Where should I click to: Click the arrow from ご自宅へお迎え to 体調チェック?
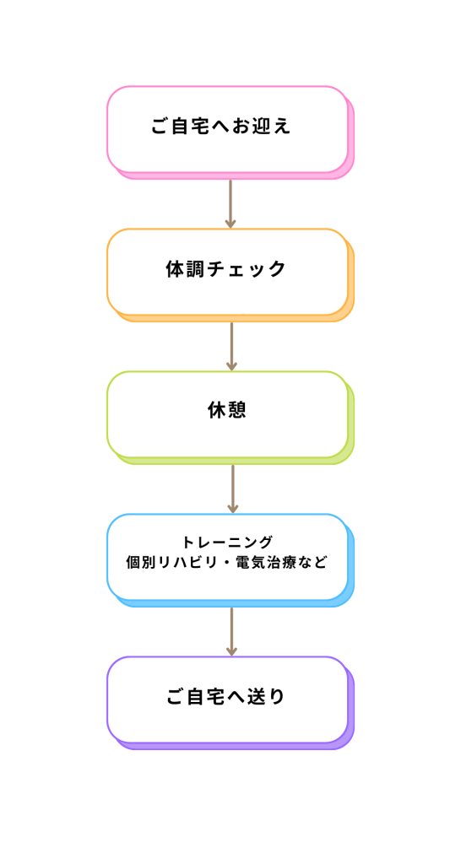(230, 204)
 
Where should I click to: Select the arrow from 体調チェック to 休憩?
(231, 347)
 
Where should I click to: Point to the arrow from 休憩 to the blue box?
(233, 489)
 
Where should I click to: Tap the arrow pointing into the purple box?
(231, 631)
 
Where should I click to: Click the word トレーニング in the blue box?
(227, 543)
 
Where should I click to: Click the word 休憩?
(226, 411)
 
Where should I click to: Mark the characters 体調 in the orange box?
(185, 269)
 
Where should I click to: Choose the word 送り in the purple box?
(266, 697)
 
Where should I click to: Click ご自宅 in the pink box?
(180, 127)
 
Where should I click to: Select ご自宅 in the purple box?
(196, 697)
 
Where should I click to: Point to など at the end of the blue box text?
(314, 564)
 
